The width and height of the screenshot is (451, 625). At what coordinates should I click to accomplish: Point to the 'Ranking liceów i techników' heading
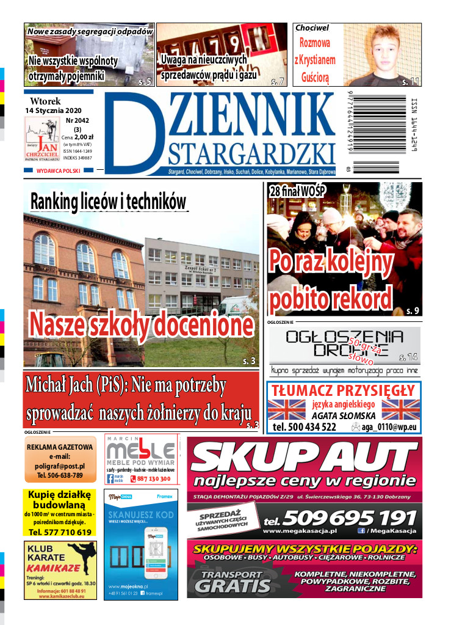[x=108, y=200]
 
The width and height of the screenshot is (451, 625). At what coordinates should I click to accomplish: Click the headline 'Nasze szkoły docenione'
[x=141, y=324]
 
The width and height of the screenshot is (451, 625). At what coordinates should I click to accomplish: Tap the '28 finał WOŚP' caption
[x=297, y=191]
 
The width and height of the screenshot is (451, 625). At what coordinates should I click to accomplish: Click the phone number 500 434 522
[x=305, y=427]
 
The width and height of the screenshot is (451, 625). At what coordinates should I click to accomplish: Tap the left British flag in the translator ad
[x=286, y=410]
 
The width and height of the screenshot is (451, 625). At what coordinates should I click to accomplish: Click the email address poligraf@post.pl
[x=60, y=466]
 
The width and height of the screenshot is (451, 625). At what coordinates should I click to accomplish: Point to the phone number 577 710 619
[x=60, y=532]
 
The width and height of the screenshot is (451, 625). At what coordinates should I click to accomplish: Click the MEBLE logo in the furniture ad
[x=140, y=451]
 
